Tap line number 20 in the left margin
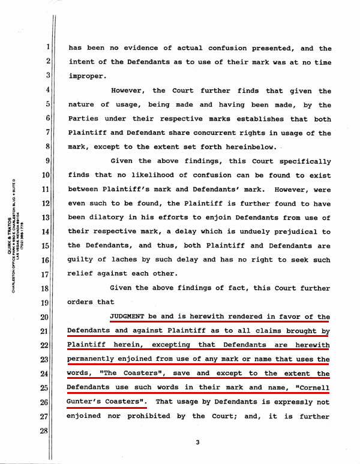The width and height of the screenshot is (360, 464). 43,318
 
